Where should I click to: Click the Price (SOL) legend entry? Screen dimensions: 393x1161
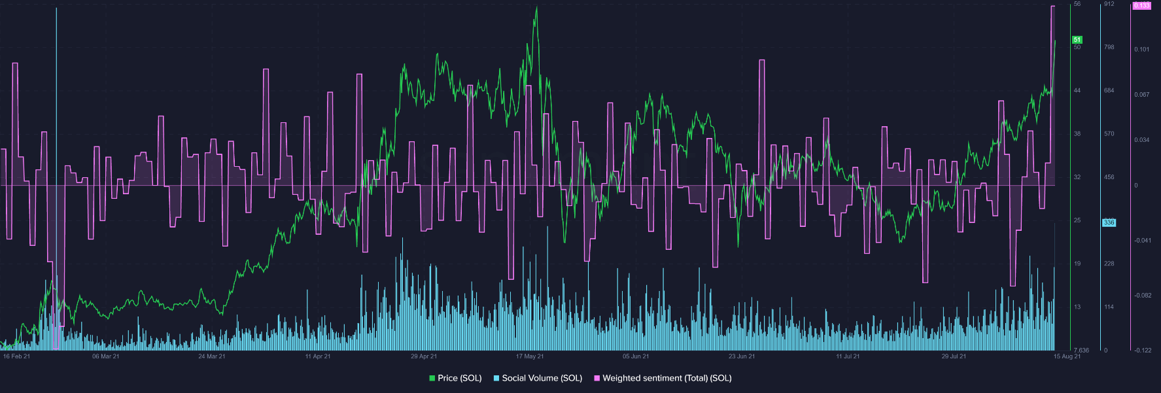point(455,378)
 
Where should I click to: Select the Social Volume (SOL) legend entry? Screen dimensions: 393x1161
point(538,378)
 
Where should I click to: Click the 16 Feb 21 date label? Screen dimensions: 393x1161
point(16,356)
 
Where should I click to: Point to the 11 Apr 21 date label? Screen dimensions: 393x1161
point(318,356)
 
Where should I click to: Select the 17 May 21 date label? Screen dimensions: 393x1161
point(530,356)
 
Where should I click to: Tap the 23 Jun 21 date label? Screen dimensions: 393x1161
point(742,356)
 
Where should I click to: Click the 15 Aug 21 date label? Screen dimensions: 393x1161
point(1067,356)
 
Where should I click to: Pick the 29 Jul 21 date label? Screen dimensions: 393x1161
point(954,356)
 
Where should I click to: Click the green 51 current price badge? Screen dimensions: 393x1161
point(1077,40)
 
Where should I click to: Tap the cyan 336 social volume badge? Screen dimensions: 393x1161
point(1109,222)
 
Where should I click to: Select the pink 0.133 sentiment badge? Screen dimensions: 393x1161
point(1141,6)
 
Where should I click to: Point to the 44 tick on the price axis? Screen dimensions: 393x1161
point(1077,90)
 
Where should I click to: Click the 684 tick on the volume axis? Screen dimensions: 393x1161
point(1109,90)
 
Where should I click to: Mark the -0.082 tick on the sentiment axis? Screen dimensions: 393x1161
point(1143,296)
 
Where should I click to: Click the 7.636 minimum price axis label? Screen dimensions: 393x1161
point(1081,350)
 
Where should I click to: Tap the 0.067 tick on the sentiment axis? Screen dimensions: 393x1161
point(1142,95)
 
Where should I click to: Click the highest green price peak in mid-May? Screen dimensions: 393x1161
point(536,8)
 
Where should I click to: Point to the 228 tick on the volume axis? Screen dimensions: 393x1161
point(1109,264)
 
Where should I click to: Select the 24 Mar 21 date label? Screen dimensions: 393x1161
point(212,356)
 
